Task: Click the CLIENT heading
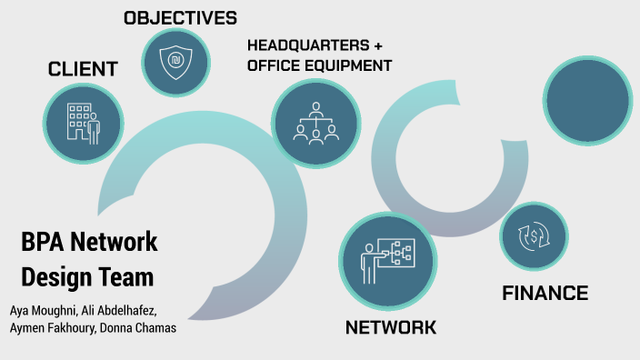(x=83, y=69)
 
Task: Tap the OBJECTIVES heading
(x=180, y=17)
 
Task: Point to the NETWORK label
(x=391, y=327)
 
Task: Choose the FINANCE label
(x=545, y=293)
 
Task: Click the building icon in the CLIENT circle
(x=83, y=123)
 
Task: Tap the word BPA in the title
(x=43, y=242)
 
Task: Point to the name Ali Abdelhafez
(x=129, y=309)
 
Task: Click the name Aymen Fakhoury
(x=50, y=327)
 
